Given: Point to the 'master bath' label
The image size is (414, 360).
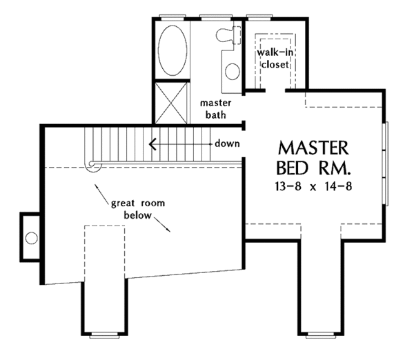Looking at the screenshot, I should pyautogui.click(x=214, y=108).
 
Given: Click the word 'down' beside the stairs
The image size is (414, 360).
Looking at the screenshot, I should pyautogui.click(x=226, y=144).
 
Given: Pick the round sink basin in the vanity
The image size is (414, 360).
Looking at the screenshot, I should pyautogui.click(x=233, y=70).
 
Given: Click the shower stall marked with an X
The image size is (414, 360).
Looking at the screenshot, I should pyautogui.click(x=170, y=102).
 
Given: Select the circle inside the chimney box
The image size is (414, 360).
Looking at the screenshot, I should pyautogui.click(x=31, y=238).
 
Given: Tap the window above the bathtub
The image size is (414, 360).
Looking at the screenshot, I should pyautogui.click(x=170, y=16).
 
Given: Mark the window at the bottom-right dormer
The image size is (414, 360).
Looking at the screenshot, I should pyautogui.click(x=321, y=336).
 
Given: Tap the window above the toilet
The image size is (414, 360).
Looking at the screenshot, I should pyautogui.click(x=213, y=16).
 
